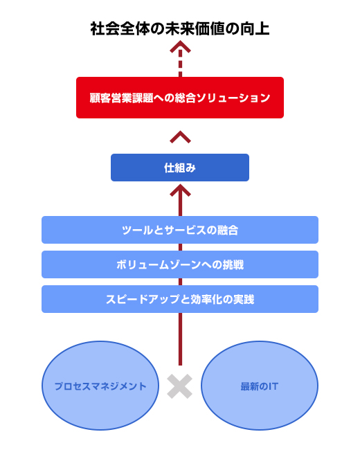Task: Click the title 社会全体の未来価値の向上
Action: [180, 28]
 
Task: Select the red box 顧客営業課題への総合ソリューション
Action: [180, 98]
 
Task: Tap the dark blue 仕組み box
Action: [180, 168]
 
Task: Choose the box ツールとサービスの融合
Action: [180, 230]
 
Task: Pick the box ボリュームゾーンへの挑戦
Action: [180, 264]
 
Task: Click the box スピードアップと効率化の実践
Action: [180, 299]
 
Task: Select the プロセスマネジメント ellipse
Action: [100, 386]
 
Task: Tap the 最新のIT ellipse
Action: [260, 386]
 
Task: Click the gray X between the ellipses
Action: [180, 386]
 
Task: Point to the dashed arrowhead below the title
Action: [180, 47]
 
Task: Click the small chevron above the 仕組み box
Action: [180, 137]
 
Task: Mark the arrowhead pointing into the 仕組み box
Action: [180, 190]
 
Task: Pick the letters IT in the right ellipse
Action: [273, 386]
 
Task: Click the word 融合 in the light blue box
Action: [228, 230]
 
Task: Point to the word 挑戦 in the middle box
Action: [233, 264]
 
